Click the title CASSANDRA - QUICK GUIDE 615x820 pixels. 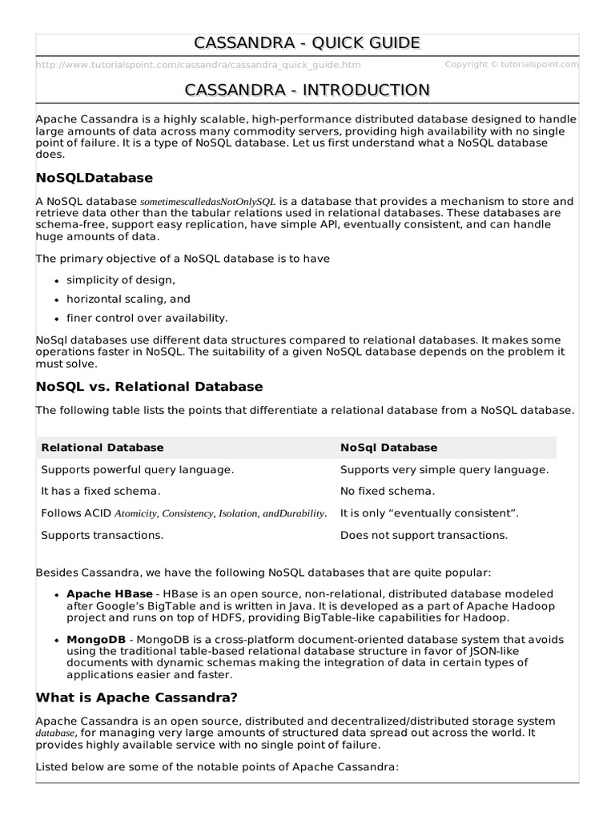coord(307,43)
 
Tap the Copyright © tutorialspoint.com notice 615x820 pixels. coord(511,64)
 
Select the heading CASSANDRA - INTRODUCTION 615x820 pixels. coord(307,90)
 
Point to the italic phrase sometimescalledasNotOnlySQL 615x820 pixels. coord(208,203)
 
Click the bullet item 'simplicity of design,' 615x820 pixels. coord(121,279)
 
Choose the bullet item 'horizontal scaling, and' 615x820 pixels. coord(128,299)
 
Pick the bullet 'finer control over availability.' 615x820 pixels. coord(147,318)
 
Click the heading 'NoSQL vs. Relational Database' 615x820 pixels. coord(150,387)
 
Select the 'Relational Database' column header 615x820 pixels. coord(102,448)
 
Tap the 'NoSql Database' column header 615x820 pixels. coord(388,448)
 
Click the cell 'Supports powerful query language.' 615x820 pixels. coord(138,469)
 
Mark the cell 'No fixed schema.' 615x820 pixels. coord(388,491)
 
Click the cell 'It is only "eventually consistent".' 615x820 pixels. coord(430,512)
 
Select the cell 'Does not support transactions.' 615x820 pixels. coord(424,534)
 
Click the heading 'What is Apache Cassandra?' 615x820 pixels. coord(137,697)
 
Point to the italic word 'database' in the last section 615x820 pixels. coord(56,734)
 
